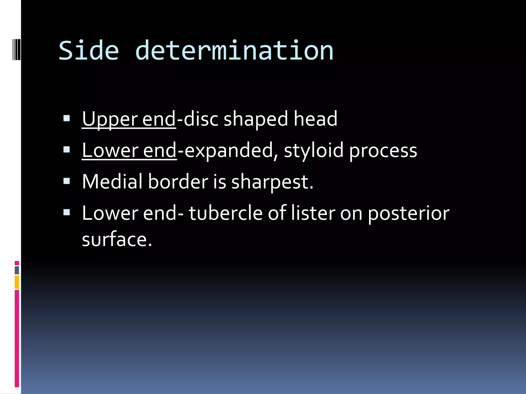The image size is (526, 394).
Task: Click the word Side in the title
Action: point(89,51)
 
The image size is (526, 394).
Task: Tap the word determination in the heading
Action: point(234,51)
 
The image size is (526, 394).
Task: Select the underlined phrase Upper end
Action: point(129,119)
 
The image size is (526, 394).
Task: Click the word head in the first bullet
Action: point(315,119)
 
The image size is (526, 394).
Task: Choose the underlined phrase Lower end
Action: point(129,151)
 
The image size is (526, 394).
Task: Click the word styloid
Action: point(313,151)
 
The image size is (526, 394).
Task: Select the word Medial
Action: point(112,182)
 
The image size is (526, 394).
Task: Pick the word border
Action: point(178,182)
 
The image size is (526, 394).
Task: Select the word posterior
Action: point(408,213)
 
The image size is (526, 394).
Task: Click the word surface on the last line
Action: point(117,239)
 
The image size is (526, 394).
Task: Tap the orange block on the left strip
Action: point(17,282)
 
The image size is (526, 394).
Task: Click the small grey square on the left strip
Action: point(17,270)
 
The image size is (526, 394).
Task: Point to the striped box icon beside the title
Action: point(16,48)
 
